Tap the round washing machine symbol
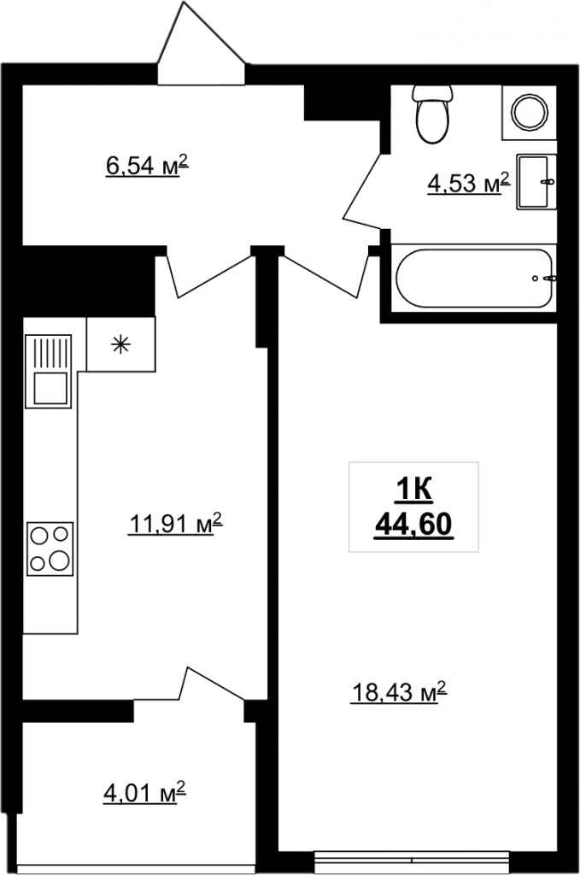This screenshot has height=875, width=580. click(x=530, y=112)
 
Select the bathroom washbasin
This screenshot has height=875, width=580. click(x=536, y=182)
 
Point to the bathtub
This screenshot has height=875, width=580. click(x=474, y=278)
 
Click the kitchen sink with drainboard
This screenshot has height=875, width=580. click(x=49, y=371)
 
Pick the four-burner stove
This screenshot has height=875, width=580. click(x=50, y=549)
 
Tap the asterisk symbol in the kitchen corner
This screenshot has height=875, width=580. click(x=120, y=345)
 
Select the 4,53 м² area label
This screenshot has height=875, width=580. click(x=469, y=183)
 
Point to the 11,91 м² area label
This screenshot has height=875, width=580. click(x=176, y=524)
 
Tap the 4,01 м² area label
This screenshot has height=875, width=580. click(x=144, y=793)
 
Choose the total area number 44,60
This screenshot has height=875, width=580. click(x=413, y=525)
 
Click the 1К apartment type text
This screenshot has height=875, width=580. click(x=413, y=491)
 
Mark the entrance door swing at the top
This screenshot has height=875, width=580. click(x=202, y=43)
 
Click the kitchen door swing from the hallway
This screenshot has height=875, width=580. click(x=209, y=276)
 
